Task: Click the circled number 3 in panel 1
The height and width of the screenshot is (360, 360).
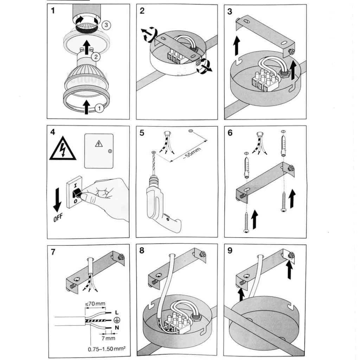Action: [106, 25]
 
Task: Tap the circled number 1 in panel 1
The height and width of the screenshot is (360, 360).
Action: [99, 108]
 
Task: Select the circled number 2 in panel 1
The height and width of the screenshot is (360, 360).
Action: [96, 57]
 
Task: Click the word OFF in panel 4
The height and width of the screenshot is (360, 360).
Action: [58, 217]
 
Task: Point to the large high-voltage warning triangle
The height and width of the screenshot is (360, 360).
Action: [63, 149]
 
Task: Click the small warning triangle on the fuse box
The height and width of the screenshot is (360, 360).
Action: [99, 144]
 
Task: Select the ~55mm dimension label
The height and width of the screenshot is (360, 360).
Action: [192, 153]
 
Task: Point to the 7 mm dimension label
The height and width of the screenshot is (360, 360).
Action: [109, 338]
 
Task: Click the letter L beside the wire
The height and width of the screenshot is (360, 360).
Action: [117, 312]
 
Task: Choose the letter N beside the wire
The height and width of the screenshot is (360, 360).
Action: [117, 327]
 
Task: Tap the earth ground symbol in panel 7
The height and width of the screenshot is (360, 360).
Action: [117, 320]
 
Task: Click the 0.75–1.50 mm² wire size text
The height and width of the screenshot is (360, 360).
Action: [107, 349]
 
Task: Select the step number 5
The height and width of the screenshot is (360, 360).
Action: [142, 133]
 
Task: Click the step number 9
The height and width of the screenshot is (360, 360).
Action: [230, 250]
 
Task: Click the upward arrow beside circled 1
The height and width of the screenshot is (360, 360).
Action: [86, 107]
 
